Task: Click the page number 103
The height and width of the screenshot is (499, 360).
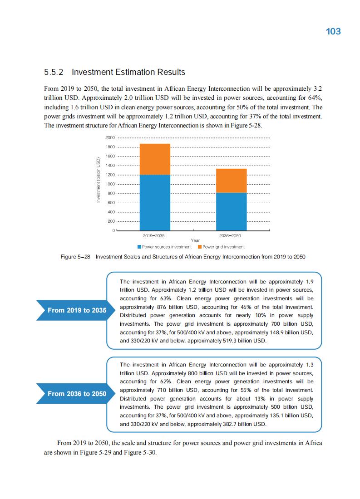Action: (x=333, y=31)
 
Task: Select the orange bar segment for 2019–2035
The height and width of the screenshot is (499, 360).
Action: (x=155, y=159)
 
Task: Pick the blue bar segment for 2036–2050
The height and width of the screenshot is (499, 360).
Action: (x=231, y=211)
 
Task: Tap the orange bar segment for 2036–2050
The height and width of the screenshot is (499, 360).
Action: (x=231, y=181)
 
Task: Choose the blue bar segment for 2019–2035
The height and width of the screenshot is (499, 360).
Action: (x=155, y=202)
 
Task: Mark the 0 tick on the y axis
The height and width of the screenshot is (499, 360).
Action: (x=114, y=231)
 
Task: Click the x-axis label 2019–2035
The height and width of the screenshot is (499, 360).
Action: (x=154, y=236)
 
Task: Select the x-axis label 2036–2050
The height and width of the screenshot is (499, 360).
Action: (x=230, y=236)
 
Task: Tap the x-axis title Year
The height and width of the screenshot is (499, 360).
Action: (x=195, y=240)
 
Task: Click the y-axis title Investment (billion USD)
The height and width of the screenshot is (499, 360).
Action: (x=98, y=180)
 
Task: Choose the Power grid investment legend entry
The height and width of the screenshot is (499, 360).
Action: (x=221, y=247)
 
